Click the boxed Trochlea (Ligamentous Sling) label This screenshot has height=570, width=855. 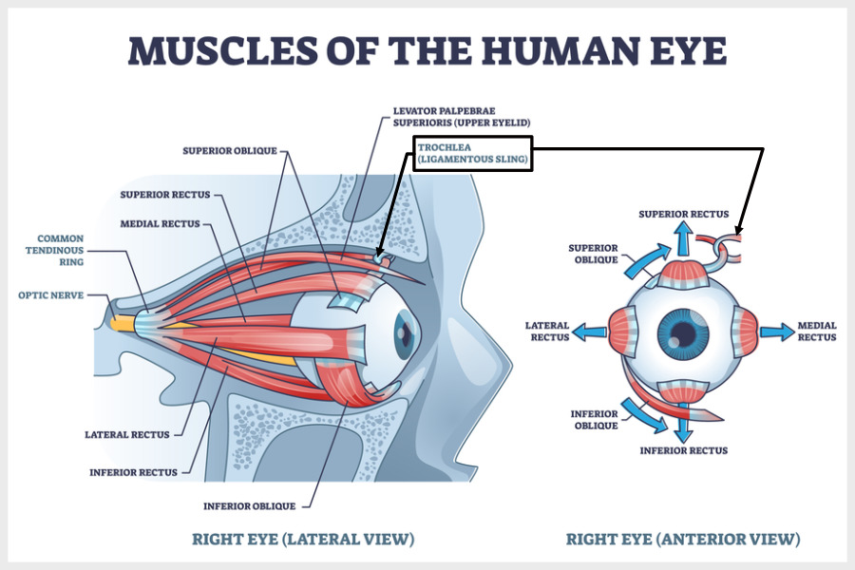click(x=472, y=154)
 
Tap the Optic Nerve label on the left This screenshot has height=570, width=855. click(x=50, y=294)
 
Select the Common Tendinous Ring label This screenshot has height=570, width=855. click(x=61, y=250)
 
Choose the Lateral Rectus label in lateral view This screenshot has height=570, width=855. click(x=126, y=434)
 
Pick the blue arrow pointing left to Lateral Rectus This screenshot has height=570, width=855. click(x=590, y=332)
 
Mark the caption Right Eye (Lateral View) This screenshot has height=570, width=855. click(x=303, y=540)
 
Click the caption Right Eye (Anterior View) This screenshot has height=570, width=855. click(x=683, y=540)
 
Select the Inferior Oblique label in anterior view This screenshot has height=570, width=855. click(x=596, y=420)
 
